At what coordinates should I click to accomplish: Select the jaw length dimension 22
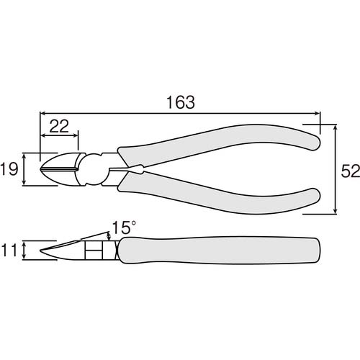point(60,126)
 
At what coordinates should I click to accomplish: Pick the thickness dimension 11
point(10,251)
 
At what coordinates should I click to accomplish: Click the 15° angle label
point(123,228)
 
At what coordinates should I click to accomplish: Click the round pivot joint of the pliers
point(95,171)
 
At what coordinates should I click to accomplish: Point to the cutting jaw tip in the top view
point(45,169)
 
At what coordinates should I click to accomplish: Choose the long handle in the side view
point(216,251)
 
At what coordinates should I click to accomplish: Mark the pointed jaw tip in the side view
point(45,251)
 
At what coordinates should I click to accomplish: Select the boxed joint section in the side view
point(94,251)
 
